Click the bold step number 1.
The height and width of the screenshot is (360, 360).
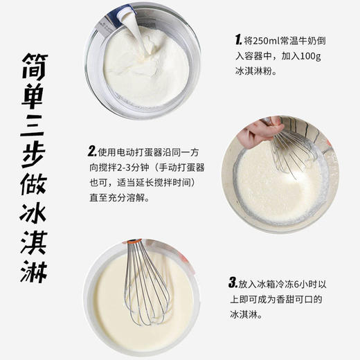coord(237,38)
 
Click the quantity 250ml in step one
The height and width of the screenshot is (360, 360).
coord(264,38)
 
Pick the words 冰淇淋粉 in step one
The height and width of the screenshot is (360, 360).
coord(252,69)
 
